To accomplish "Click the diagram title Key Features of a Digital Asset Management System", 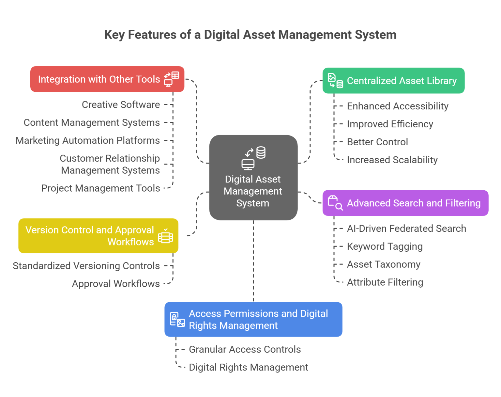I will coord(250,35).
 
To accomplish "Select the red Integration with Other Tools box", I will coord(107,79).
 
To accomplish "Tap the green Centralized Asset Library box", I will coord(393,81).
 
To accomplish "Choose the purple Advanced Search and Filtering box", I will coord(405,203).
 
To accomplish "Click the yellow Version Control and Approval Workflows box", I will coord(99,236).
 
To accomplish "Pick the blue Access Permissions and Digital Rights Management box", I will coord(253,319).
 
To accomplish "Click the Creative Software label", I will coord(121,104).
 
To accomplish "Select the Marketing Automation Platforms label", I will coord(87,140).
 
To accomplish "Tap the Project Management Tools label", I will coord(100,188).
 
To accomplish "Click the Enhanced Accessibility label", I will coord(398,106).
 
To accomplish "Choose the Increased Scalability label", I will coord(392,160).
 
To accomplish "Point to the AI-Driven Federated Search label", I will coord(406,229).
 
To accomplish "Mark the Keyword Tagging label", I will coord(385,246).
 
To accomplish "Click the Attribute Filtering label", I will coord(385,282).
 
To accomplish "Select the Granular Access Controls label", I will coord(245,349).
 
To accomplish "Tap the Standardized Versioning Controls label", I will coord(86,266).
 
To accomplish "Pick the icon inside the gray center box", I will coord(253,158).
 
